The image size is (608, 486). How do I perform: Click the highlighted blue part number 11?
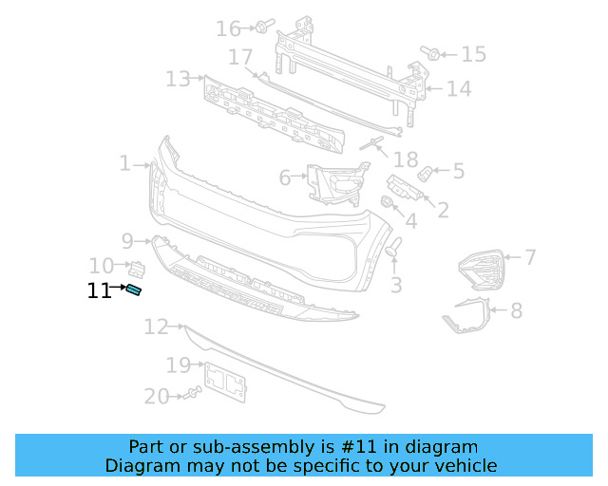pyautogui.click(x=134, y=290)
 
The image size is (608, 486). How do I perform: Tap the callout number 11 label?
pyautogui.click(x=99, y=291)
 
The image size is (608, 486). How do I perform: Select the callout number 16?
pyautogui.click(x=228, y=29)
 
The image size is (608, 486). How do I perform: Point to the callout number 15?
pyautogui.click(x=473, y=54)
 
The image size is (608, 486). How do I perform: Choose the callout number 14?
pyautogui.click(x=459, y=90)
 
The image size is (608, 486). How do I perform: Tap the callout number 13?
pyautogui.click(x=178, y=78)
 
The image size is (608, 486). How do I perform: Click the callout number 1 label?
pyautogui.click(x=124, y=164)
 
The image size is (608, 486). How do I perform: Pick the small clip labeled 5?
pyautogui.click(x=427, y=174)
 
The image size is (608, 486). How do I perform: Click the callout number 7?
pyautogui.click(x=530, y=256)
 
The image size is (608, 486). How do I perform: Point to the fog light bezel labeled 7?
pyautogui.click(x=483, y=269)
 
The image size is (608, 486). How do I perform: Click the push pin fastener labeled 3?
pyautogui.click(x=393, y=248)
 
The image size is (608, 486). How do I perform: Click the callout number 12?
pyautogui.click(x=157, y=327)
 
